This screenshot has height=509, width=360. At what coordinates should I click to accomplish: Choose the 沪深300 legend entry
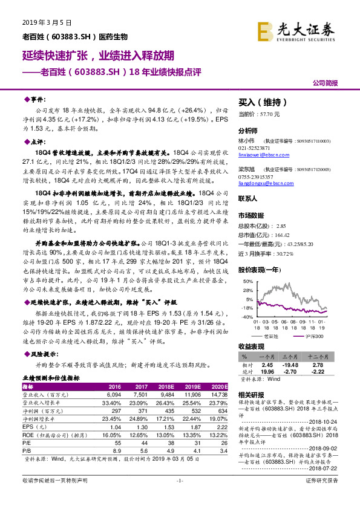pos(315,334)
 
